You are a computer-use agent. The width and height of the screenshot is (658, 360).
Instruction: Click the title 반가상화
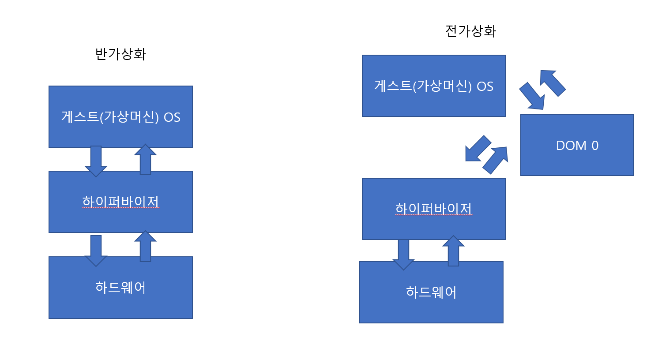coord(120,54)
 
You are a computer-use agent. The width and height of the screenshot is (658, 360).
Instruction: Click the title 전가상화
coord(471,31)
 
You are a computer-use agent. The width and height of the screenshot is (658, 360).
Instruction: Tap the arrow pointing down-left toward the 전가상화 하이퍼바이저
coord(477,149)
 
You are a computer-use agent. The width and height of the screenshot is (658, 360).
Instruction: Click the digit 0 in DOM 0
coord(595,146)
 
